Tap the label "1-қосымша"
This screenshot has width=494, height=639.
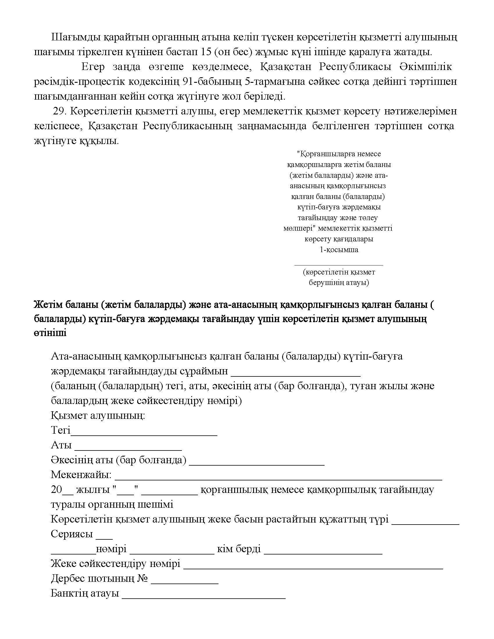(x=339, y=250)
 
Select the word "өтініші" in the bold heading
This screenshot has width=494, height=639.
(x=50, y=333)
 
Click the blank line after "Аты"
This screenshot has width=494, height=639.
(x=128, y=450)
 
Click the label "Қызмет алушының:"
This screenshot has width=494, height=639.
(x=98, y=415)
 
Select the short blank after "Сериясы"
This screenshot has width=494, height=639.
(x=104, y=539)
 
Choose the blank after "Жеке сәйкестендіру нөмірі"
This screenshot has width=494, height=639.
(x=313, y=568)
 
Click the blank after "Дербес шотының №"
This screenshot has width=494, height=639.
(x=185, y=583)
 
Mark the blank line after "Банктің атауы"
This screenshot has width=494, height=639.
(x=203, y=598)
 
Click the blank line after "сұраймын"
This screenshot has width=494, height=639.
(x=296, y=375)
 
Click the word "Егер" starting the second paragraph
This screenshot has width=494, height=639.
(x=93, y=67)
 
